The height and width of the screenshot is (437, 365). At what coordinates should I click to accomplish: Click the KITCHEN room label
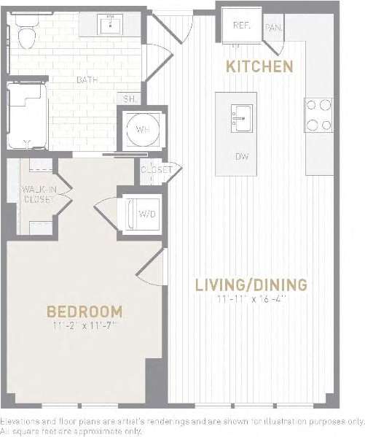[x=259, y=67]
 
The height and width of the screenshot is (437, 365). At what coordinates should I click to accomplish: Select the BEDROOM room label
[x=85, y=312]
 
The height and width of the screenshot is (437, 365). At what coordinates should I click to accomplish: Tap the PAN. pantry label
[x=273, y=28]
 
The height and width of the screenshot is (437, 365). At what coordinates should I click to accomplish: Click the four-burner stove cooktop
[x=318, y=115]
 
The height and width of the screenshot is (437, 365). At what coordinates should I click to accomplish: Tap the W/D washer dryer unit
[x=145, y=213]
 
